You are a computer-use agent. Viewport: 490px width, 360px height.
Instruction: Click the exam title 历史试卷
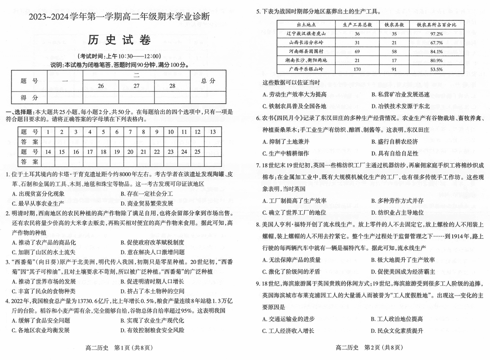[119, 40]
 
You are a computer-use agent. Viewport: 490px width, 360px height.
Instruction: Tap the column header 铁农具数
[394, 25]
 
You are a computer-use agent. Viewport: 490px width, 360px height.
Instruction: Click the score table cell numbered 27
[137, 86]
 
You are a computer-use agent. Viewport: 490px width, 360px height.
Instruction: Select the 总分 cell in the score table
[208, 81]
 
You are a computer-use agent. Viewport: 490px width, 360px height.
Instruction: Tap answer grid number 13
[213, 132]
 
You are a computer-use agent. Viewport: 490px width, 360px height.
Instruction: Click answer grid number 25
[197, 152]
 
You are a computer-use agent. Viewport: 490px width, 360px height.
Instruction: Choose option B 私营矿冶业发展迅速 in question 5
[400, 94]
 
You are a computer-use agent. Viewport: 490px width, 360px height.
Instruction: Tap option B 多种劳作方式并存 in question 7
[397, 201]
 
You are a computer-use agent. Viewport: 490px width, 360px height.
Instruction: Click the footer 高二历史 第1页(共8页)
[111, 348]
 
